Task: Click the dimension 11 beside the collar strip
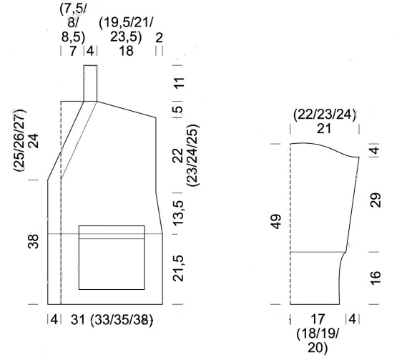pyautogui.click(x=179, y=83)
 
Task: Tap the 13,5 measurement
pyautogui.click(x=179, y=213)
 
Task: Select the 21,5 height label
pyautogui.click(x=179, y=268)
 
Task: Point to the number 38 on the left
pyautogui.click(x=33, y=241)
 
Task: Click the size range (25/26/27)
pyautogui.click(x=20, y=140)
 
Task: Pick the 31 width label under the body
pyautogui.click(x=78, y=319)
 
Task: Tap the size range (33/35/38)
pyautogui.click(x=122, y=320)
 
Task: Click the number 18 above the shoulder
pyautogui.click(x=126, y=51)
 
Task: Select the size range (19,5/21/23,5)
pyautogui.click(x=126, y=29)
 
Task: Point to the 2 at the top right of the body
pyautogui.click(x=159, y=38)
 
